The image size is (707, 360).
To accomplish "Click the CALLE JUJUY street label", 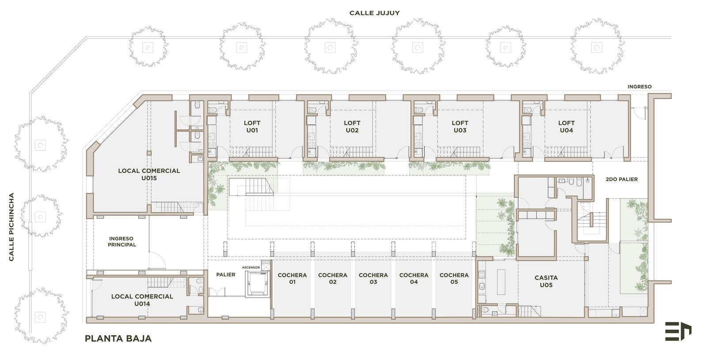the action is click(374, 13).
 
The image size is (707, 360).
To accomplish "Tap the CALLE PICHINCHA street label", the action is click(11, 227).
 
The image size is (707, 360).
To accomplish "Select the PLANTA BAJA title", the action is click(118, 338).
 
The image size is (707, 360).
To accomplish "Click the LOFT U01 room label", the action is click(252, 126).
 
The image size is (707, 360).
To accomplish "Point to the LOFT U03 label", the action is click(460, 126).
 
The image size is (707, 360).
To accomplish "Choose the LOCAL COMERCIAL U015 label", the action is click(149, 174).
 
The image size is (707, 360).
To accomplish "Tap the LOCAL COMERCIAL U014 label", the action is click(142, 300).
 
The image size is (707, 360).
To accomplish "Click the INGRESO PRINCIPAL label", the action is click(122, 242).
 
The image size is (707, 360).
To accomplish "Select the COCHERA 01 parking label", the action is click(292, 278).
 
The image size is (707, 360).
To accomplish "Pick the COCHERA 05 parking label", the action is click(454, 278).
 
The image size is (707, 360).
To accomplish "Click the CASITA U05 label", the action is click(546, 281).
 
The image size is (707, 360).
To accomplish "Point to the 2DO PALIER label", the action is click(621, 179).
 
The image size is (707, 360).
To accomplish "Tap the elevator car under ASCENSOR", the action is click(258, 283).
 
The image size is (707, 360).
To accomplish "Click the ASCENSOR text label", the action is click(251, 268).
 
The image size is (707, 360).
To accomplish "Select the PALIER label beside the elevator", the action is click(226, 274).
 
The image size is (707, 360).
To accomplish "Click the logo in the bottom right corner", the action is click(678, 331).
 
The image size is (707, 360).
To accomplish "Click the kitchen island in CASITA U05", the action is click(501, 282).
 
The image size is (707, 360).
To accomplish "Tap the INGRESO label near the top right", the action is click(639, 87).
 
